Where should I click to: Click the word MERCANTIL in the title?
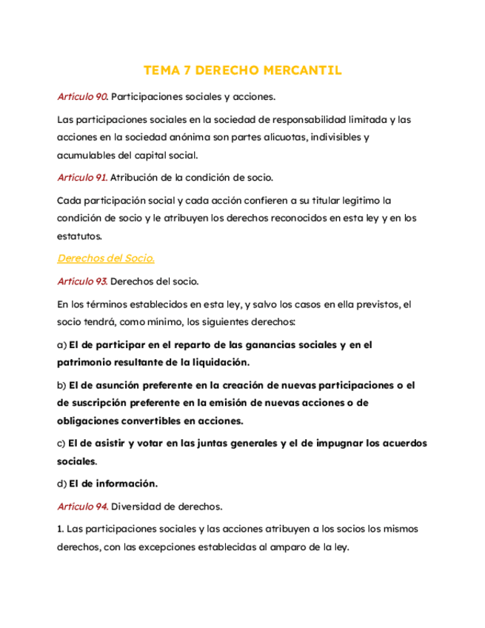pyautogui.click(x=307, y=71)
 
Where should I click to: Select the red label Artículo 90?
pyautogui.click(x=82, y=96)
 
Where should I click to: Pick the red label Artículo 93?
pyautogui.click(x=82, y=281)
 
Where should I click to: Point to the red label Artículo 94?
pyautogui.click(x=82, y=507)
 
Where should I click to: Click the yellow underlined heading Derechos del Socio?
pyautogui.click(x=105, y=258)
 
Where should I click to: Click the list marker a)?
pyautogui.click(x=61, y=344)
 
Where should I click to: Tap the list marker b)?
pyautogui.click(x=61, y=385)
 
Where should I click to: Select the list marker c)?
pyautogui.click(x=61, y=443)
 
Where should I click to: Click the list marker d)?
pyautogui.click(x=61, y=484)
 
